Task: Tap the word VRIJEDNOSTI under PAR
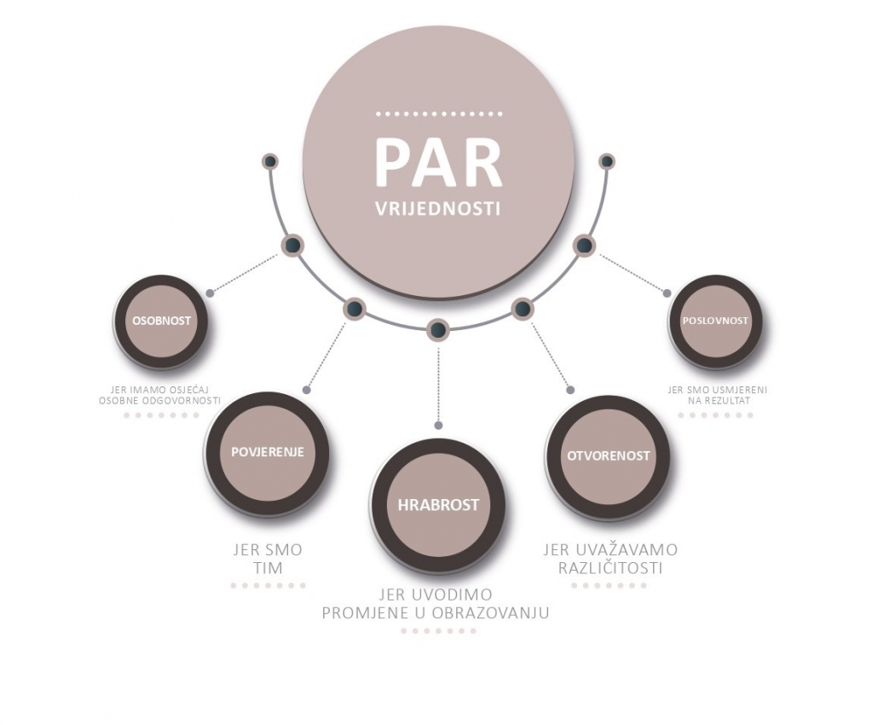438,209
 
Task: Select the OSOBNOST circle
161,322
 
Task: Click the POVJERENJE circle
267,453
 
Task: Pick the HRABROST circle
438,505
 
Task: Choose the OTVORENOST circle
608,456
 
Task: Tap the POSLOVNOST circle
715,322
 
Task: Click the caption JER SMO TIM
267,559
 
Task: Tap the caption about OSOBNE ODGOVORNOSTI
160,395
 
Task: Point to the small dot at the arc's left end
270,161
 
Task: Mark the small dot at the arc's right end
607,160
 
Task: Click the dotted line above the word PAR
438,113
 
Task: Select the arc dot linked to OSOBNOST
292,246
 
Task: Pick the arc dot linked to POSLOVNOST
584,246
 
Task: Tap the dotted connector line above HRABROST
438,384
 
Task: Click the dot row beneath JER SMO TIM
267,586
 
